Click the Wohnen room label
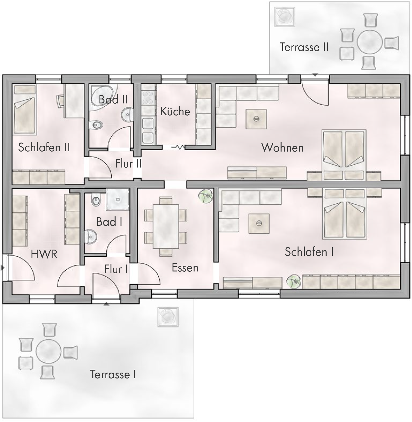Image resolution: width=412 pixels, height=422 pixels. [x=283, y=148]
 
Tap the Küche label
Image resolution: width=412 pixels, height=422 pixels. [x=175, y=111]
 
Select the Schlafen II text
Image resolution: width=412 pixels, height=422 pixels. [x=44, y=147]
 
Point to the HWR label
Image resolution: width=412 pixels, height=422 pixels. [x=44, y=254]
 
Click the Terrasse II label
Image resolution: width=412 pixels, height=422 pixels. [x=304, y=47]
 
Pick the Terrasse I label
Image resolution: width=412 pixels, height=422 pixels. [x=113, y=374]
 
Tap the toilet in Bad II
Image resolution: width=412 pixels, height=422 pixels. [x=96, y=125]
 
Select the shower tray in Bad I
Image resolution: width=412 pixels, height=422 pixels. [x=118, y=199]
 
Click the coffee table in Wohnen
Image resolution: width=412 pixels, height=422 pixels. [x=256, y=119]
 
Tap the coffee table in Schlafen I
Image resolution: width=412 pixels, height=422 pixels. [x=259, y=223]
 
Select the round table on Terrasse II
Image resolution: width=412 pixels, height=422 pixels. [x=370, y=42]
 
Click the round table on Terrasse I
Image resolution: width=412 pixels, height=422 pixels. [x=48, y=351]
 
